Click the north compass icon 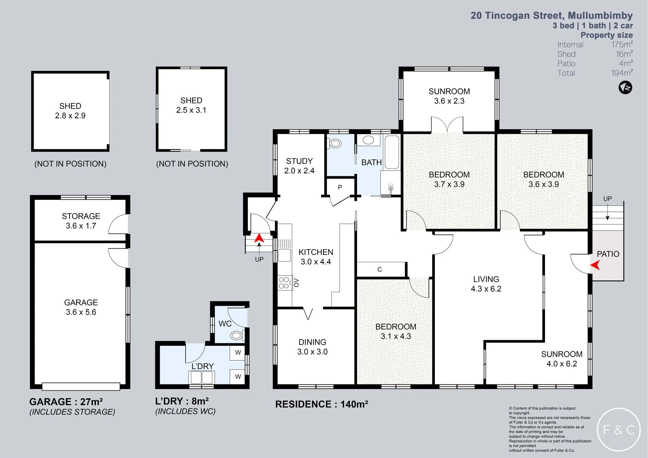click(625, 87)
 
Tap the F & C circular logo click(619, 429)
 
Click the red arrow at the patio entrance click(595, 265)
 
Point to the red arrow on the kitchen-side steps click(259, 238)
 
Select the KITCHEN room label click(316, 252)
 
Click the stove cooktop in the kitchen click(284, 283)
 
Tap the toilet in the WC click(237, 336)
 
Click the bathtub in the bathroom click(392, 152)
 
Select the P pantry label click(340, 187)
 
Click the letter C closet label click(380, 269)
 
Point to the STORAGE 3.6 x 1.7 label click(81, 221)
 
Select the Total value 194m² click(622, 73)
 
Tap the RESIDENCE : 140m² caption click(322, 404)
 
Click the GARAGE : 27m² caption click(66, 402)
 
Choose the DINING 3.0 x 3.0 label click(312, 347)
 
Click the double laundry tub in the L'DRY click(201, 377)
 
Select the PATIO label click(608, 254)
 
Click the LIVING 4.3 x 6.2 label click(486, 284)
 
